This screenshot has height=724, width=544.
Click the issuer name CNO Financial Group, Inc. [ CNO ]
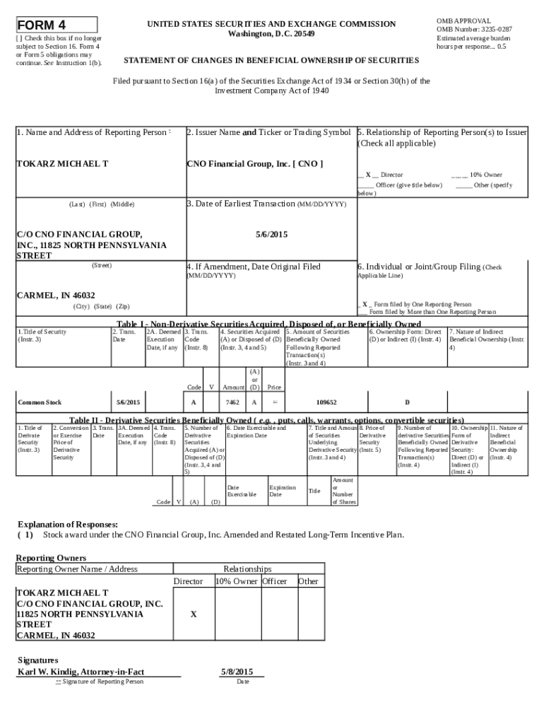click(x=254, y=164)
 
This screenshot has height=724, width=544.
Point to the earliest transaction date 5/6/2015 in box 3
click(x=271, y=234)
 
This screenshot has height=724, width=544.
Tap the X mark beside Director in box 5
click(x=368, y=174)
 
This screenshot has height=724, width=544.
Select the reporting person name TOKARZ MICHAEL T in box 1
click(x=62, y=164)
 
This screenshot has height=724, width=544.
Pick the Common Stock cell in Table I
click(x=40, y=402)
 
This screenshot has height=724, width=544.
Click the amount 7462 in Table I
click(x=232, y=402)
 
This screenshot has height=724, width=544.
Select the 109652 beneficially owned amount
click(x=326, y=402)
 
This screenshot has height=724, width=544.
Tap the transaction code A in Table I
click(x=194, y=402)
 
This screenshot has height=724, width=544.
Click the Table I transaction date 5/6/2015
click(x=128, y=402)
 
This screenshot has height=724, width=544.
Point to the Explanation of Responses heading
click(x=68, y=525)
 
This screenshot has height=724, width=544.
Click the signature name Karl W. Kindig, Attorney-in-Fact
click(x=85, y=671)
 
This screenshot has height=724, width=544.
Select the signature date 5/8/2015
click(x=237, y=671)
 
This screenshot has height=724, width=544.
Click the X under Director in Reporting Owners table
click(x=193, y=614)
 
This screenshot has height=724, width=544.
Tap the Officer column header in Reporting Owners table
click(x=275, y=581)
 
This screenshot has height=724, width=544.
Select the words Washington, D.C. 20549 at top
click(x=271, y=34)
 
